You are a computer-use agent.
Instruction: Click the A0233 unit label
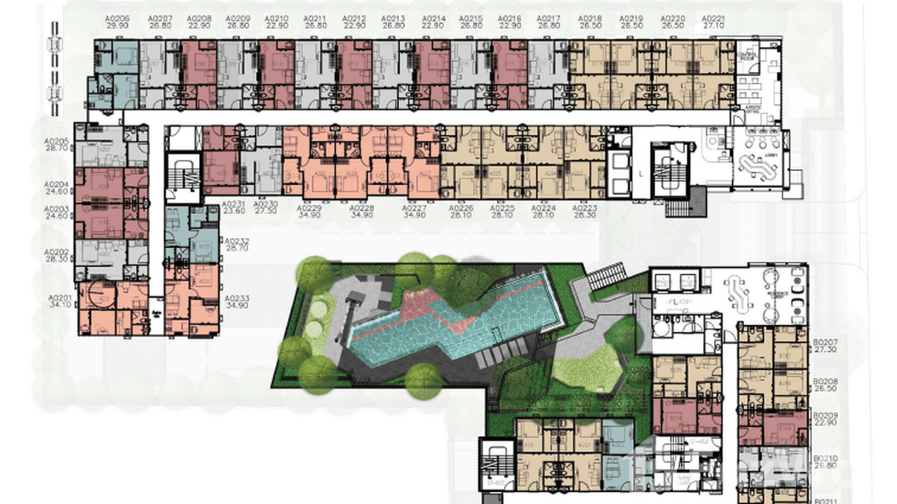pyautogui.click(x=237, y=298)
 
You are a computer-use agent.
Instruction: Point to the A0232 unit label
pyautogui.click(x=237, y=241)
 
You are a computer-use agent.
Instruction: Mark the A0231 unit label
pyautogui.click(x=233, y=203)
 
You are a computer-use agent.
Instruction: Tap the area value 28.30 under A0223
pyautogui.click(x=584, y=216)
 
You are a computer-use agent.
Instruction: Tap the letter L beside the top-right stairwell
pyautogui.click(x=640, y=174)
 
